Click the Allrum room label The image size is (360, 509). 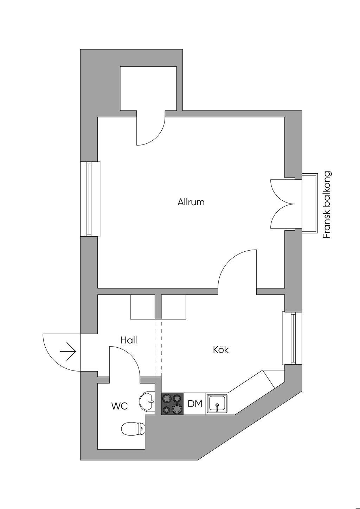coord(191,202)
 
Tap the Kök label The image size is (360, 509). coord(221,349)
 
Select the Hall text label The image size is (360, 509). coord(129,340)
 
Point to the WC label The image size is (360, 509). coord(120,406)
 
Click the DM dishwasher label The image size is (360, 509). coord(195,404)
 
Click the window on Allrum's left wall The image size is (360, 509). coord(90,199)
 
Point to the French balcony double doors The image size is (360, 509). coord(283,204)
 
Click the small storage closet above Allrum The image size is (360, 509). coord(148,88)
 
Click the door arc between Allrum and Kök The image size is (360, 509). coord(227,261)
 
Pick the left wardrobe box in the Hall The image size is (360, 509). coord(142,307)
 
